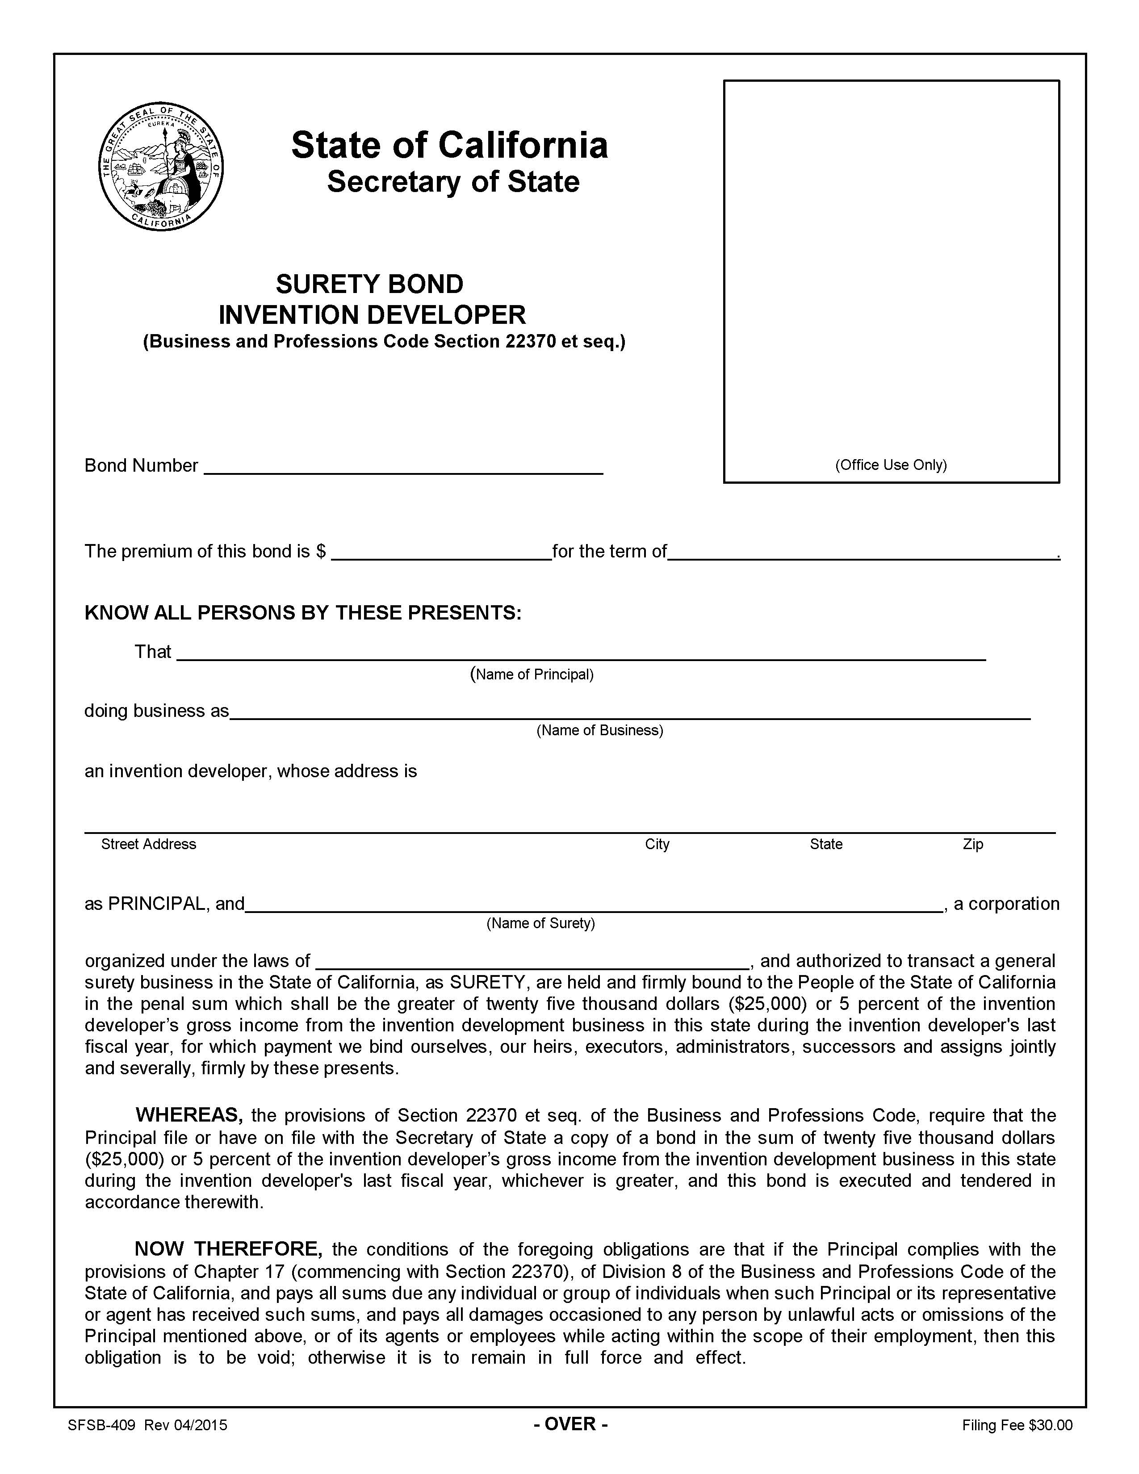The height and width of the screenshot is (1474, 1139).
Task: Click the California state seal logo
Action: point(161,167)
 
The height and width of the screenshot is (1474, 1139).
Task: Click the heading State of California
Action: point(449,145)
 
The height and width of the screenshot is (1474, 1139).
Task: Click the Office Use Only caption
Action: point(891,465)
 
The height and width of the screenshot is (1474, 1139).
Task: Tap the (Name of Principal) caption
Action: point(532,674)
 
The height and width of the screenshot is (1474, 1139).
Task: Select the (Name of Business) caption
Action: point(599,730)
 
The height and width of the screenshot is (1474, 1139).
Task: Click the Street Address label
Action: point(148,844)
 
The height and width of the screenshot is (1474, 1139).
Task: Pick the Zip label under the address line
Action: point(972,844)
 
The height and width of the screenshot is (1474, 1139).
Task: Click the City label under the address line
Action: point(657,844)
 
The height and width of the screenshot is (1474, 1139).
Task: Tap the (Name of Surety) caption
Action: point(540,923)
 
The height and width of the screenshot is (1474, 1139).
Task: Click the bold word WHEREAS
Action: point(189,1114)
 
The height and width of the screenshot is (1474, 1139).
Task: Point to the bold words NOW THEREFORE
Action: point(229,1248)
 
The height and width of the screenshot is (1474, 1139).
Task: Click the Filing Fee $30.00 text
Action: point(1017,1425)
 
